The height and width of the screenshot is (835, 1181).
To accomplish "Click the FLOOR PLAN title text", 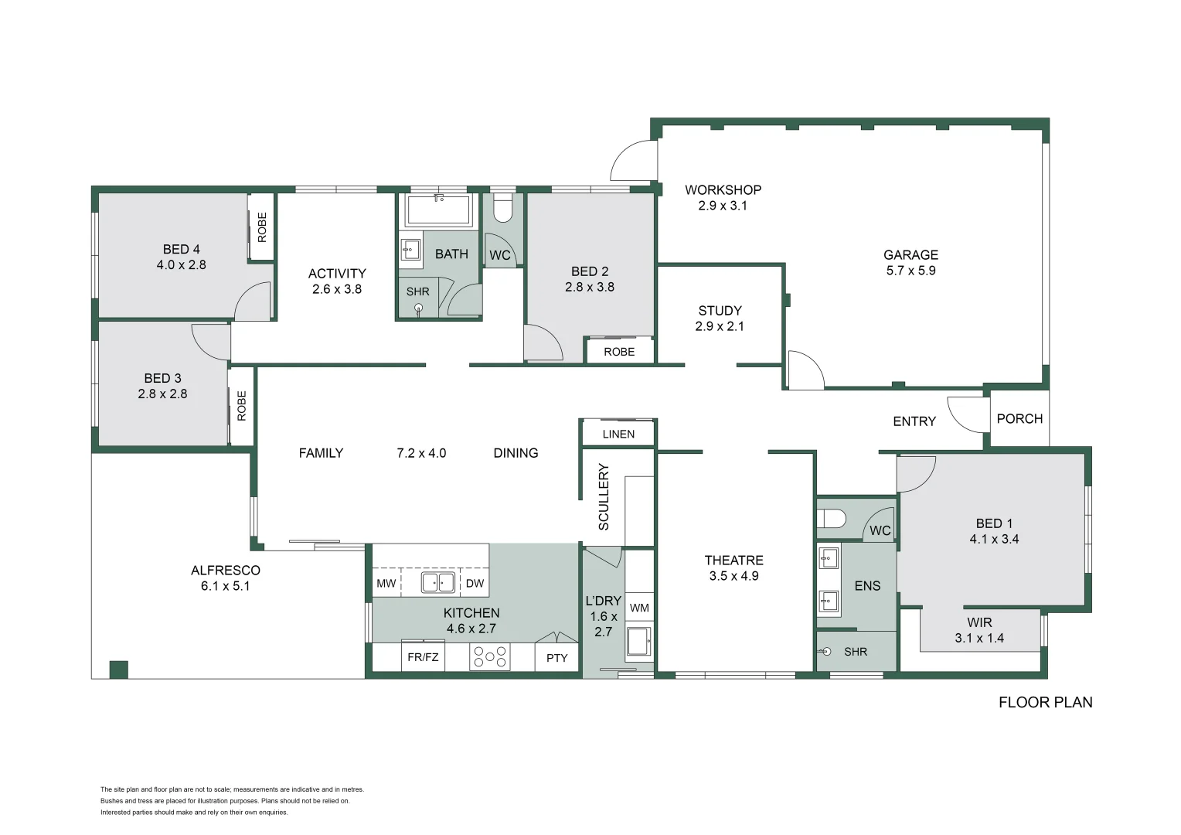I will [1045, 702].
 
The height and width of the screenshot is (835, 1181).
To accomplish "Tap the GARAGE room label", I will [910, 254].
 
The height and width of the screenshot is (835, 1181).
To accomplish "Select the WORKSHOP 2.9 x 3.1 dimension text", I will [722, 206].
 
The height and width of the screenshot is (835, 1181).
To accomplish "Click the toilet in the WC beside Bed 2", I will [503, 209].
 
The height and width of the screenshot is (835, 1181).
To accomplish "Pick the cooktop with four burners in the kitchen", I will [490, 657].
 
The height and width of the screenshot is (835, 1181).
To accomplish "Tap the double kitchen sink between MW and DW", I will [437, 582].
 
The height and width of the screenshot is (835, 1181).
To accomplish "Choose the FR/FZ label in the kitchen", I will [423, 657].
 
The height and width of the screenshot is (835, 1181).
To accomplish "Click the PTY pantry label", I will [556, 658].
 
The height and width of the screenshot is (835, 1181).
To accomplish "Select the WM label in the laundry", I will [639, 608].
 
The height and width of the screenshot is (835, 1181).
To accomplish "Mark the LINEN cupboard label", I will [618, 434].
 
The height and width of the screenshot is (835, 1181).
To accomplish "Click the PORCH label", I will [1019, 418].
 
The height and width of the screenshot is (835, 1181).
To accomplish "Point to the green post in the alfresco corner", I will [118, 670].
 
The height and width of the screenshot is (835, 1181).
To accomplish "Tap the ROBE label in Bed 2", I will [619, 352].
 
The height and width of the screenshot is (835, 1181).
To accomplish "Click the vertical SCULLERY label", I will [604, 496].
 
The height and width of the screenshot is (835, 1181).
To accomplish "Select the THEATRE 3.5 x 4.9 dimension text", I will [733, 576].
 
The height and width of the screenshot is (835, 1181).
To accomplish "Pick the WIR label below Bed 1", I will [979, 622].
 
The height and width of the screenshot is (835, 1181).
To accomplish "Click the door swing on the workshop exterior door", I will [633, 162].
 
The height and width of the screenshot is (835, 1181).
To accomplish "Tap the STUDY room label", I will [720, 310].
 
